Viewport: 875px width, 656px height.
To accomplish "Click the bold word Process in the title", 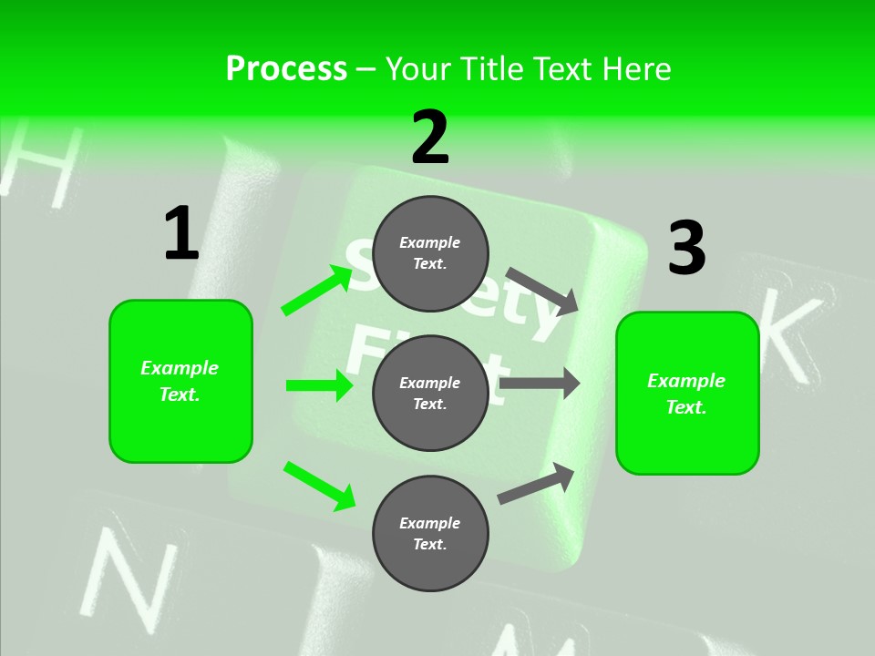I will pos(286,68).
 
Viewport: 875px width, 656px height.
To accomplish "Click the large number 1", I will pos(181,234).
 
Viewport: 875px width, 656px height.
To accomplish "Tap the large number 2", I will pos(430,138).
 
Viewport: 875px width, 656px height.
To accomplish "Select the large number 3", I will pos(686,248).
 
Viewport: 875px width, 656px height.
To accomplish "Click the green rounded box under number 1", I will pos(180,381).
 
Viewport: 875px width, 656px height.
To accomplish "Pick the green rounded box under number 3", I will pos(687,393).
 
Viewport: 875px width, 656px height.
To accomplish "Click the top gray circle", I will pos(430,253).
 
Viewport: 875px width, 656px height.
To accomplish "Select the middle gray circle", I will pos(430,393).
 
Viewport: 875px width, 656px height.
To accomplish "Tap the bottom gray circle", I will pos(430,533).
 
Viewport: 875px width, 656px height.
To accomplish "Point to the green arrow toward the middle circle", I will pos(319,385).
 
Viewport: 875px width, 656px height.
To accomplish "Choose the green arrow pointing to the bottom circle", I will pos(319,485).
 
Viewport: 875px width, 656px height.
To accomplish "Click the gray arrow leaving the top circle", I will pos(542,291).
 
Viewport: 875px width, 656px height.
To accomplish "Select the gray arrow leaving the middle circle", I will pos(539,383).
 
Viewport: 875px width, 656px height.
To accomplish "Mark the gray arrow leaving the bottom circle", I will pos(537,483).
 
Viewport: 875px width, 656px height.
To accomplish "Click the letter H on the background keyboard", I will pos(42,165).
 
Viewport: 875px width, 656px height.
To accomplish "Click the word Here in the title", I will pos(635,68).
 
